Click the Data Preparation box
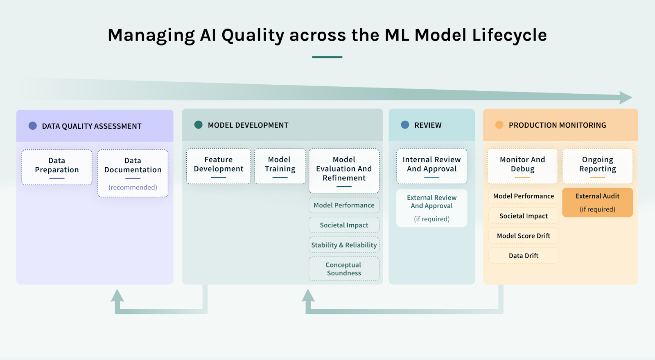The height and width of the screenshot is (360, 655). click(57, 167)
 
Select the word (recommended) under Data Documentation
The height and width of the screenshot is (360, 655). click(133, 187)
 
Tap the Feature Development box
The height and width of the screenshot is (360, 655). click(218, 166)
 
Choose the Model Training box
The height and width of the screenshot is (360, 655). click(280, 166)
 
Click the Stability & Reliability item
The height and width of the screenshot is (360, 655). click(344, 245)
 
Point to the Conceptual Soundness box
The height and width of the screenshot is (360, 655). click(344, 269)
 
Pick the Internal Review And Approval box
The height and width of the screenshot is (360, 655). click(431, 166)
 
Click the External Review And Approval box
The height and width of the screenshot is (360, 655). click(431, 208)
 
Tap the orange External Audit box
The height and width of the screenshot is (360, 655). click(597, 202)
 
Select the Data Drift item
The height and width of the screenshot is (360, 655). click(523, 256)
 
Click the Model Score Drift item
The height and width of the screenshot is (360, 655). click(523, 236)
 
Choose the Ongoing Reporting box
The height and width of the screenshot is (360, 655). click(597, 166)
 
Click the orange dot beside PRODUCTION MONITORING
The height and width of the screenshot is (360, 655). click(499, 125)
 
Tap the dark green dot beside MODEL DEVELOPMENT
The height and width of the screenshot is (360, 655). click(199, 125)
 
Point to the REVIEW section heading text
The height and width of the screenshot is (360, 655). click(428, 125)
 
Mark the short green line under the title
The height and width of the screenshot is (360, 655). click(327, 57)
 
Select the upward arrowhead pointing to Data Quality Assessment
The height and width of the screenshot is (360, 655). click(117, 295)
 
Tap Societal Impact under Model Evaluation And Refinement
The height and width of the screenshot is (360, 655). click(344, 225)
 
